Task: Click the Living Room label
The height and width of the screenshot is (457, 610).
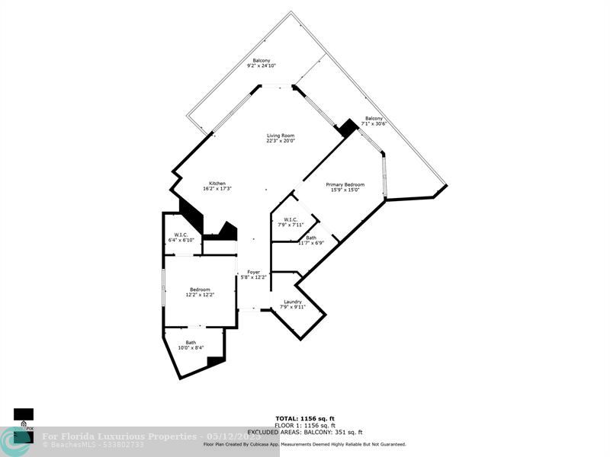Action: coord(281,136)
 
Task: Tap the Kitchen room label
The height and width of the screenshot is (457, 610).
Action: coord(217,184)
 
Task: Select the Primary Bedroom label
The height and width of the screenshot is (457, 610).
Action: coord(345,184)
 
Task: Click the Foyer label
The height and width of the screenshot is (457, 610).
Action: coord(253,272)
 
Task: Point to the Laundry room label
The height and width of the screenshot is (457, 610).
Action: coord(293,302)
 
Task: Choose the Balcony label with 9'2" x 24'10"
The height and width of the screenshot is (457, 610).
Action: coord(262,61)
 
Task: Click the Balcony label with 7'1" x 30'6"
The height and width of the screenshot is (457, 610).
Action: coord(374,118)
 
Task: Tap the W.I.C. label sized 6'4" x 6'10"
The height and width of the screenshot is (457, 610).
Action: coord(181,235)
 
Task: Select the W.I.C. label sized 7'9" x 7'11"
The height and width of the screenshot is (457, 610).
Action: coord(291,220)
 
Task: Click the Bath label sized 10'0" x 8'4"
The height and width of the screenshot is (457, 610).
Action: coord(191,343)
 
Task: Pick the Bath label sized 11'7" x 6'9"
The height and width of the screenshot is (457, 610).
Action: coord(311,238)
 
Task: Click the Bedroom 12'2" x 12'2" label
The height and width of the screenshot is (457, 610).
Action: coord(200,289)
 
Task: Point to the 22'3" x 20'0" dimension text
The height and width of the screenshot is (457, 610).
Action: coord(281,141)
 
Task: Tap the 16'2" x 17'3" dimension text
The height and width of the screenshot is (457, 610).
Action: coord(217,189)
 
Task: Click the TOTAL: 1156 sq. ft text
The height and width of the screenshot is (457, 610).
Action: coord(305,418)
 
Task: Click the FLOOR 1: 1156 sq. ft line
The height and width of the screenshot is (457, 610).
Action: coord(305,425)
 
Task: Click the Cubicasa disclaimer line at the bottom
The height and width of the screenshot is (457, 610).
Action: coord(305,444)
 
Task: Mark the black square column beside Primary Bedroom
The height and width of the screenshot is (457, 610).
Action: coord(348,128)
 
